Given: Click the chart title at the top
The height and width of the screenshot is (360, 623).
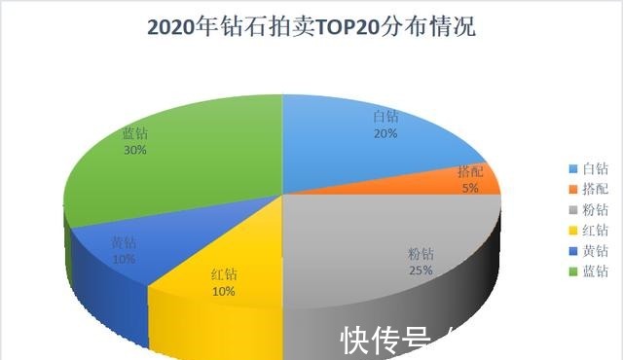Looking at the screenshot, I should (x=311, y=27).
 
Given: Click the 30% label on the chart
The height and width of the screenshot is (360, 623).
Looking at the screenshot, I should (x=135, y=151).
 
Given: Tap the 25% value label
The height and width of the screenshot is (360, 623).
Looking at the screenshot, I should (x=421, y=270).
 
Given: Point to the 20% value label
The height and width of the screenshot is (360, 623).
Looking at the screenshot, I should (x=385, y=133).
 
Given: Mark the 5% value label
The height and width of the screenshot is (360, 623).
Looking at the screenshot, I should (x=470, y=189).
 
